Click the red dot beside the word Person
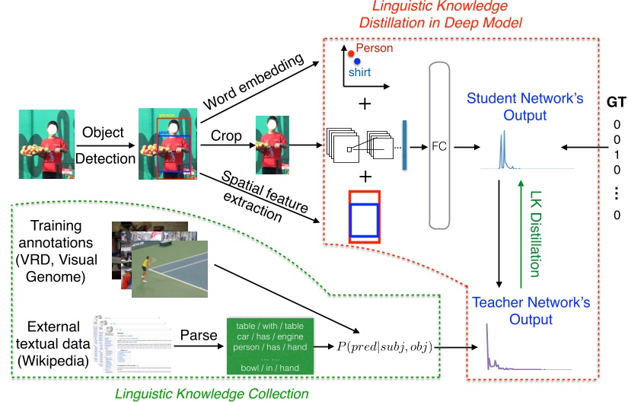click(x=351, y=53)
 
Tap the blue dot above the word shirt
click(x=357, y=61)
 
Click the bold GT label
click(x=617, y=103)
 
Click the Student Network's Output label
click(x=507, y=107)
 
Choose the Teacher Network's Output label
click(x=531, y=311)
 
